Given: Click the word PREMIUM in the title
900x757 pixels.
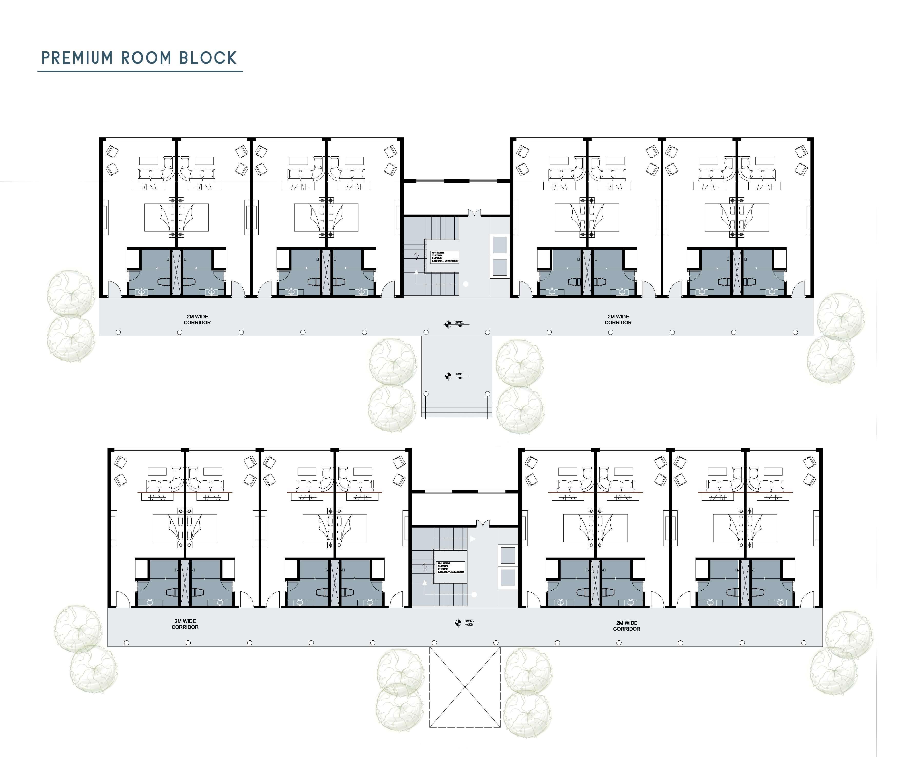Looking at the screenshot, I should pos(77,58).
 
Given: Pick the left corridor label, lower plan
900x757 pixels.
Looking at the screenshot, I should pos(185,624).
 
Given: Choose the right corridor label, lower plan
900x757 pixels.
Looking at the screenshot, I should pos(627,626).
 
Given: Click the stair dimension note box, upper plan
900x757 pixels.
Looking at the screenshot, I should pos(445,257).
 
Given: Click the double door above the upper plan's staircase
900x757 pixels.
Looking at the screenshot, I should pos(474,213).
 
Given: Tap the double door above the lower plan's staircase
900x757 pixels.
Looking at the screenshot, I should pos(483,523).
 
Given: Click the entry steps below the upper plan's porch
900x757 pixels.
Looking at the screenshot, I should pos(456,410).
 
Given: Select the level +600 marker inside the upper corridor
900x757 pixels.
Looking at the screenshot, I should pos(448,325).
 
